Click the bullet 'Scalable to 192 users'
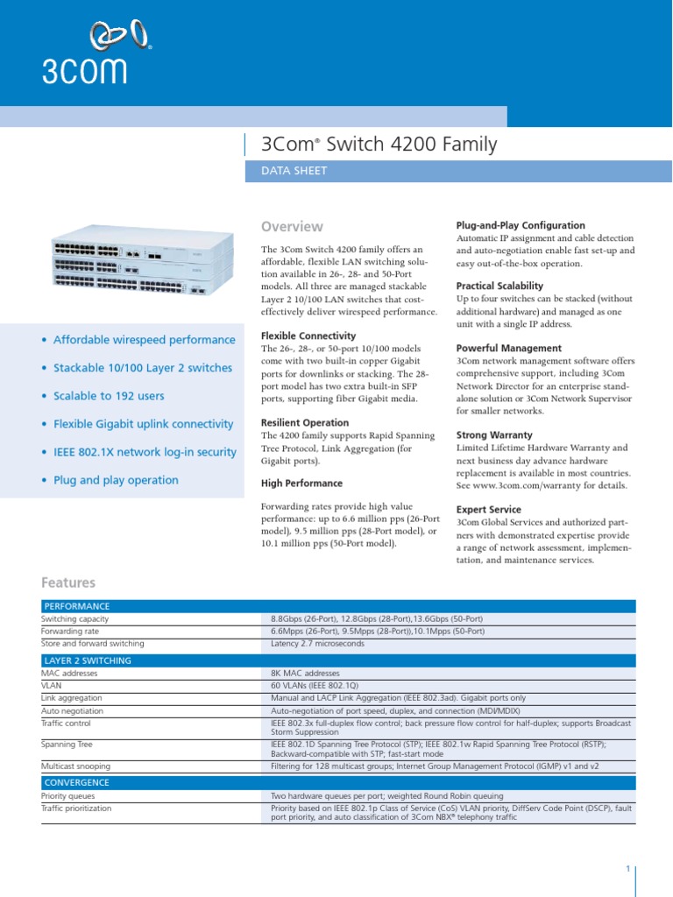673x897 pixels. (109, 396)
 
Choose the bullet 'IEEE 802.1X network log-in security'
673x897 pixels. (145, 452)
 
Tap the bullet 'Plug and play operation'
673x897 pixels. (116, 480)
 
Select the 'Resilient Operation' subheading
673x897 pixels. (305, 422)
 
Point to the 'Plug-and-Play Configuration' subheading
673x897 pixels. (521, 225)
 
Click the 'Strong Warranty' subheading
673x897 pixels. (494, 434)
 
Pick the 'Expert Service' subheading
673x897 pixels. (489, 509)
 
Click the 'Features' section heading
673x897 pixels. (68, 583)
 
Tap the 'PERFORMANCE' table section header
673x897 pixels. (77, 606)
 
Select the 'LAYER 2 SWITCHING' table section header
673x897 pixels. (88, 660)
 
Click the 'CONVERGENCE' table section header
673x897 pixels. (77, 782)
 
